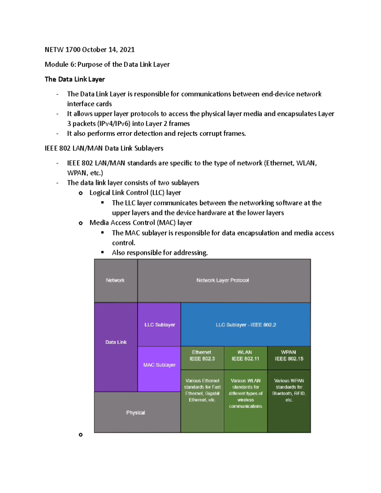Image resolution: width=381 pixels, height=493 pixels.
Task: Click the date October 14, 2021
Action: click(x=108, y=50)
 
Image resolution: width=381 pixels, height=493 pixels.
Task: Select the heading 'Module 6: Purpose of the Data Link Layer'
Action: click(x=107, y=64)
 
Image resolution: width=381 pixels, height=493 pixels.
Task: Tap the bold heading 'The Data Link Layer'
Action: click(x=75, y=79)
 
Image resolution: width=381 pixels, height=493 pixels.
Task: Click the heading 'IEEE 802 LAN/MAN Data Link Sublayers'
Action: click(x=104, y=148)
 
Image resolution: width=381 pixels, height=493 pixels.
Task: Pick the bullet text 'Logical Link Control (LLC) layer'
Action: click(x=135, y=193)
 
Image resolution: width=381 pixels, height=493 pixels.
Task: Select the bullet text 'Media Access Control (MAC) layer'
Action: click(x=141, y=223)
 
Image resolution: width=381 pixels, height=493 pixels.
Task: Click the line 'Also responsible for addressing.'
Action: click(x=160, y=253)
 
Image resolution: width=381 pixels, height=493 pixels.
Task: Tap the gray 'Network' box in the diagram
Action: click(x=116, y=280)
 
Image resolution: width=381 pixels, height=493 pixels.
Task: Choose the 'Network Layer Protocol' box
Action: click(x=224, y=280)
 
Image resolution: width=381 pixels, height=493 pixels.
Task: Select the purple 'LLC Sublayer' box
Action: click(x=159, y=325)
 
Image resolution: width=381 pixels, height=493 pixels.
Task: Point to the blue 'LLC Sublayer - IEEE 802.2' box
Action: click(x=245, y=325)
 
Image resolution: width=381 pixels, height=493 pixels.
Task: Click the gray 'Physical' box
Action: click(x=136, y=412)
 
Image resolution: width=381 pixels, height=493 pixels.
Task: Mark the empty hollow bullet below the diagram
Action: click(x=81, y=435)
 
